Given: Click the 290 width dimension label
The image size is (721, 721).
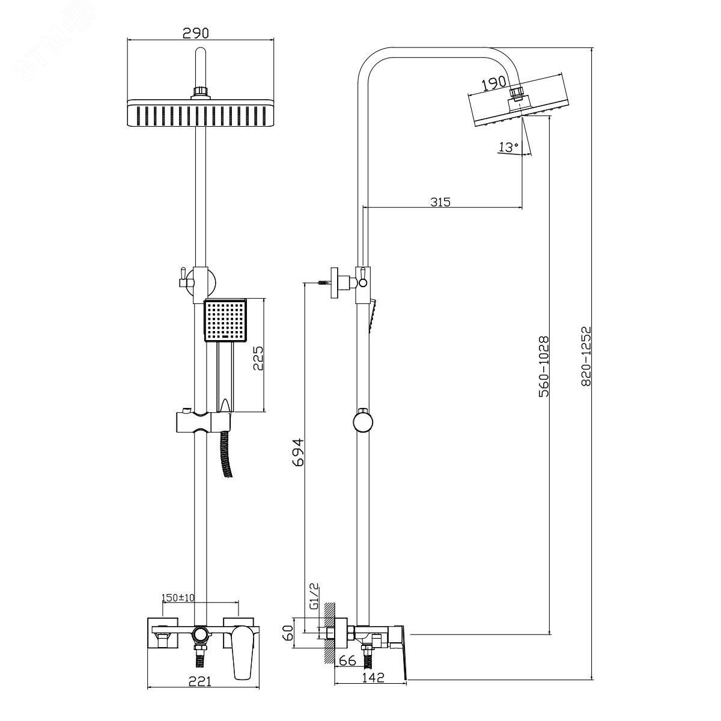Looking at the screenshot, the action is [195, 33].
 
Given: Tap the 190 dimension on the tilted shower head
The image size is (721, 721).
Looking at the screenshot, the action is [493, 84].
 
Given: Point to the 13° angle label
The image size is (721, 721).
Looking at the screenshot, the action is [508, 147].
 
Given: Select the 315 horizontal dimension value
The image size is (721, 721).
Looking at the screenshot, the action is [440, 202].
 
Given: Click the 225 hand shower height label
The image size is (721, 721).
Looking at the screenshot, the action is [258, 358].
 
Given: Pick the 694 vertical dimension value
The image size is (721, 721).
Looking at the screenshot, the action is [298, 452].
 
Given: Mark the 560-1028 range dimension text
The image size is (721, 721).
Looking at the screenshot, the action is [544, 367].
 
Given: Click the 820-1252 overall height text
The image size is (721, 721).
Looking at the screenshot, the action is [586, 356].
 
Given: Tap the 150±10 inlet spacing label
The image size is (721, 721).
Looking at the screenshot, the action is [178, 608].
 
